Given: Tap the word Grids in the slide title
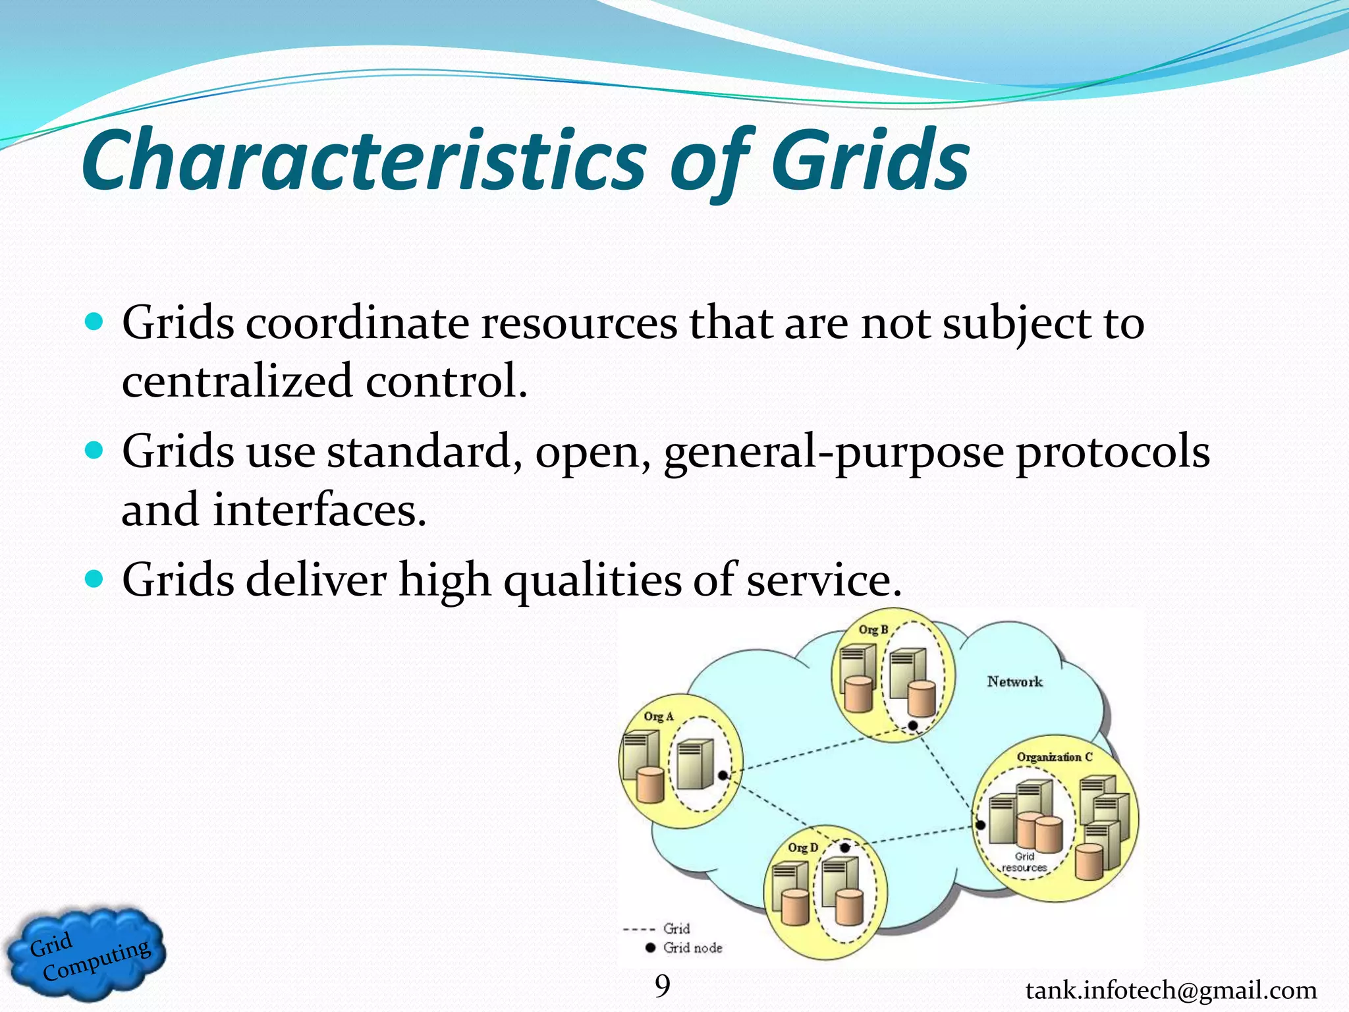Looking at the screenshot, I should (x=869, y=161).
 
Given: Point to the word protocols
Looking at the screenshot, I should (x=1113, y=452).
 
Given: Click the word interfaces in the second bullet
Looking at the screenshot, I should (x=319, y=510).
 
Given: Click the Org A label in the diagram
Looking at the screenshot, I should (x=659, y=716).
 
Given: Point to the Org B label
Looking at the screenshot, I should (x=873, y=630).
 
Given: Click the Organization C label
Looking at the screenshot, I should (x=1054, y=757).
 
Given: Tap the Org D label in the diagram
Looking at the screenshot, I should (x=803, y=847).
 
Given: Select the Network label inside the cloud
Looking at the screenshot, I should (x=1014, y=682).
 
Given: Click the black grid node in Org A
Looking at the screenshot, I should (x=723, y=775).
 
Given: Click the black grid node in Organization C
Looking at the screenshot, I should (x=980, y=825).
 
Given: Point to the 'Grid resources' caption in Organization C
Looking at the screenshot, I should (x=1024, y=862).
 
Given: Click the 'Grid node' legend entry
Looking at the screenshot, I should (x=692, y=947).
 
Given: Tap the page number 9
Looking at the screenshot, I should (x=662, y=986).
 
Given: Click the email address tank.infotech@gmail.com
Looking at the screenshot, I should (x=1171, y=990).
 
